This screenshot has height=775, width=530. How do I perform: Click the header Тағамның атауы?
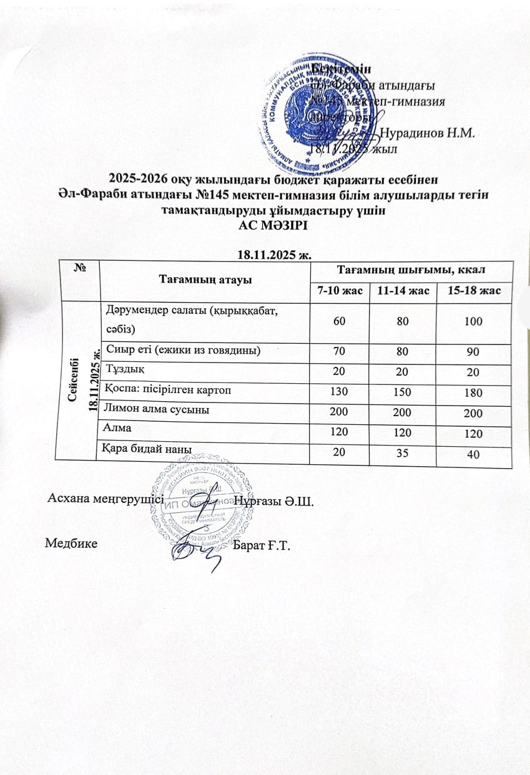(205, 280)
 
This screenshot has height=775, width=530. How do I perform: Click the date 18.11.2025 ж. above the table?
(265, 255)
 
